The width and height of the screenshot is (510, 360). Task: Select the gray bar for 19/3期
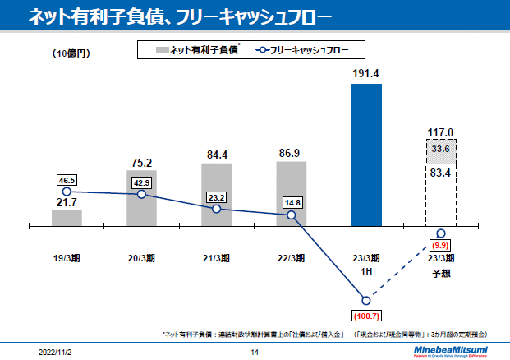click(67, 217)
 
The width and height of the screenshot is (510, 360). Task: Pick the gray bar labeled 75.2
click(141, 197)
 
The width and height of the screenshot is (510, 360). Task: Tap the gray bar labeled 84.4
click(216, 194)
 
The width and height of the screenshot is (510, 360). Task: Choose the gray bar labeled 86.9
click(292, 192)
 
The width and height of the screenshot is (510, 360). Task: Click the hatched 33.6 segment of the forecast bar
click(441, 149)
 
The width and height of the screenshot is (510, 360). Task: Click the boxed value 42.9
click(141, 182)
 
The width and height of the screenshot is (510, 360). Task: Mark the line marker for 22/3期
click(292, 215)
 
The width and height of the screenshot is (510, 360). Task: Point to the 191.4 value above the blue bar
click(366, 74)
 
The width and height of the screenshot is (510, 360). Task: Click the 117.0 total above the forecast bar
click(441, 132)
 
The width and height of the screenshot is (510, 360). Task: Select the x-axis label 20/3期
click(141, 257)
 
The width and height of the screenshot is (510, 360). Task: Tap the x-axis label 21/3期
click(216, 257)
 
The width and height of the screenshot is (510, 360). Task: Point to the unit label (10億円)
click(71, 53)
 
